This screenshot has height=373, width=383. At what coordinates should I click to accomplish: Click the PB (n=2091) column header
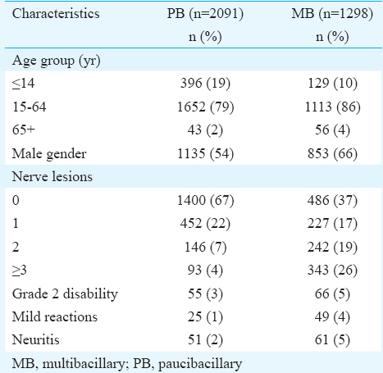point(205,14)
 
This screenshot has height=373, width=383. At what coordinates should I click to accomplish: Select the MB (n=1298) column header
point(332,14)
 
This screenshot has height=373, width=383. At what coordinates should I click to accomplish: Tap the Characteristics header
point(56,14)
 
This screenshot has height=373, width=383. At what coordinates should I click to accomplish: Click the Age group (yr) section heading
point(57,61)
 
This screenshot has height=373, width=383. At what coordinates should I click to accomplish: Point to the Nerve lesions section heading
point(52,176)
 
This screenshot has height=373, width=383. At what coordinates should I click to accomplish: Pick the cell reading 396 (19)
point(205,83)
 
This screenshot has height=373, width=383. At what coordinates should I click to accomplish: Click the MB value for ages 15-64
point(332,107)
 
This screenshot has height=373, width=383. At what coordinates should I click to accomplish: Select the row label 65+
point(24,130)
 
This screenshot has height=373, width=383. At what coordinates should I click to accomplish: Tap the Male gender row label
point(49,153)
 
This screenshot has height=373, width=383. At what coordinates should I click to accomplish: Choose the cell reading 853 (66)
point(332,153)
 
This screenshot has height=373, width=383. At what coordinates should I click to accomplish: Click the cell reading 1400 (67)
point(205,200)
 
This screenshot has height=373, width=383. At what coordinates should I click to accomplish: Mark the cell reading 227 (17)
point(332,224)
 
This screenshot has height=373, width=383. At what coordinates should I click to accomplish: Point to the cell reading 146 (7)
point(205,247)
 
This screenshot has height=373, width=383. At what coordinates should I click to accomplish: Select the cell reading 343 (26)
point(332,271)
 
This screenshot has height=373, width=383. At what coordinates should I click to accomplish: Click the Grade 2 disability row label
point(65,293)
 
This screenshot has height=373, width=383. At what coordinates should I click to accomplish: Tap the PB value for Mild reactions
point(205,317)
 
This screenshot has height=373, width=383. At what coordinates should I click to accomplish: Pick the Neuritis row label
point(36,340)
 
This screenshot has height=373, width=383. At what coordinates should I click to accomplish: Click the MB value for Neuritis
point(332,340)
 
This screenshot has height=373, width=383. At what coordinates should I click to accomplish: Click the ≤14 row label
point(24,83)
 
